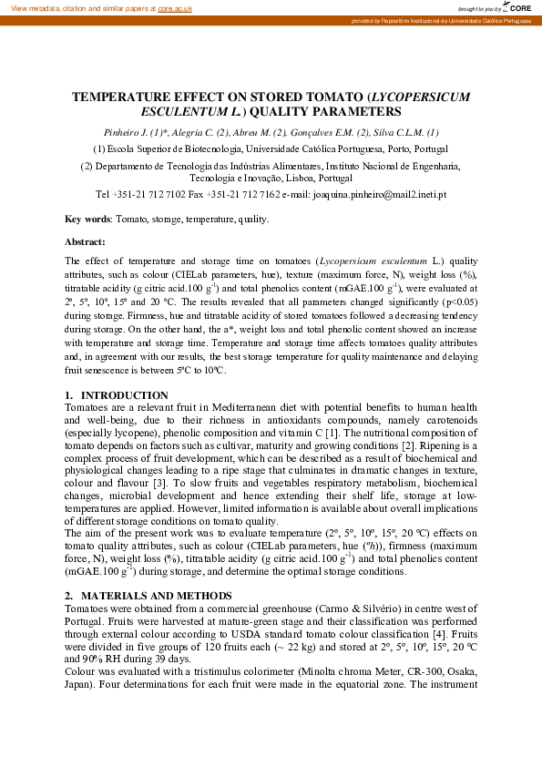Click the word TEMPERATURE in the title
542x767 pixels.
click(126, 95)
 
